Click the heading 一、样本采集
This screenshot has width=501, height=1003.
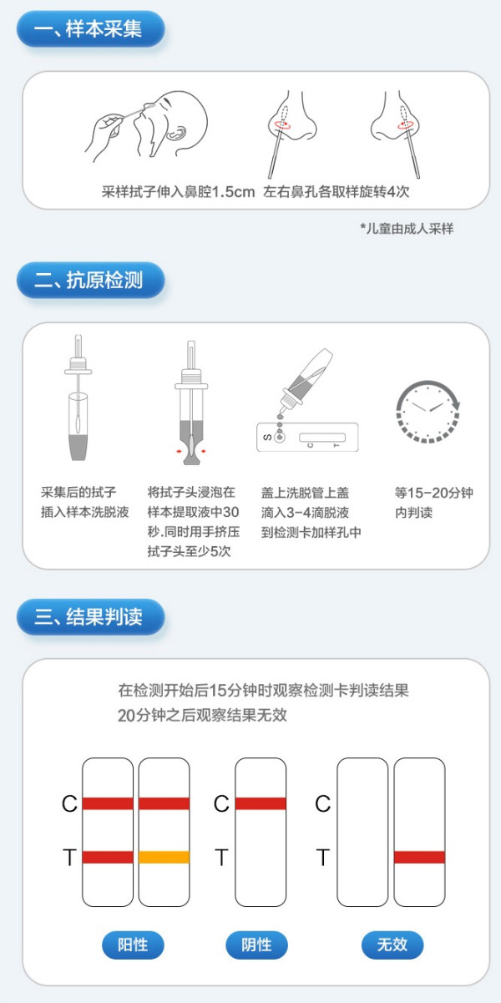click(x=89, y=30)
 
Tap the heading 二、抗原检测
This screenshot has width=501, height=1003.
click(x=89, y=281)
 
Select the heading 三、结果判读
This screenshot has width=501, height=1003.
click(x=89, y=617)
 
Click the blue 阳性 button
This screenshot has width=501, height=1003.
click(x=133, y=945)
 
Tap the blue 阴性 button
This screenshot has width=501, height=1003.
click(x=257, y=945)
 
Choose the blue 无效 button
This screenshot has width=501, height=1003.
click(x=392, y=945)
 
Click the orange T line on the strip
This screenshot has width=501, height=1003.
click(x=164, y=857)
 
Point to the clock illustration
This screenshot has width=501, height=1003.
click(x=427, y=412)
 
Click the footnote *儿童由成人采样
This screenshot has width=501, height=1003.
click(x=407, y=228)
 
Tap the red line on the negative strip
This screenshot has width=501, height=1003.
click(x=261, y=803)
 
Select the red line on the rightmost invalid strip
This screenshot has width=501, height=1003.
click(x=419, y=857)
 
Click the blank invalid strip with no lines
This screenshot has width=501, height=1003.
click(x=362, y=832)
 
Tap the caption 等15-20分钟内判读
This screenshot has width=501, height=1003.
click(x=433, y=502)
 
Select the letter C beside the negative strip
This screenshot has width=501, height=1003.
click(x=221, y=803)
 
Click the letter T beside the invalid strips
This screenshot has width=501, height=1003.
click(x=323, y=857)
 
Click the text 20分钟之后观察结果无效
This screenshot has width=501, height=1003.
click(x=204, y=716)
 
